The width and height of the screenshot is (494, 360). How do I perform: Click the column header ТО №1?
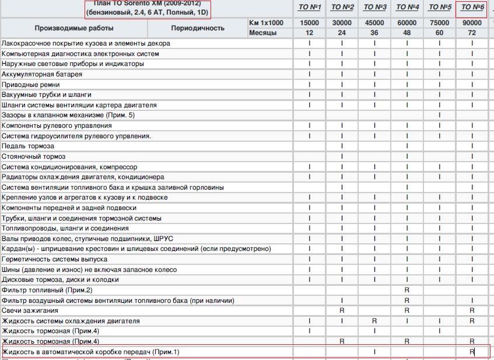click(x=310, y=7)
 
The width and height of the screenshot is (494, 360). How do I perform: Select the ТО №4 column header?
click(x=407, y=7)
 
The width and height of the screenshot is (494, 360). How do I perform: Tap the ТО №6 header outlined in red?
click(x=473, y=7)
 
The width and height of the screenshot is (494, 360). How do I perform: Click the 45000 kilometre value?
click(x=375, y=23)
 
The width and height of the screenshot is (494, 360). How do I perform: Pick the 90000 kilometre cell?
click(x=472, y=23)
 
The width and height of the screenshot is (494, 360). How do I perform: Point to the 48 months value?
click(x=407, y=33)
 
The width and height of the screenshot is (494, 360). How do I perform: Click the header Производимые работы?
click(x=74, y=28)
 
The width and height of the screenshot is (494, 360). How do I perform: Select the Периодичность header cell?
click(x=198, y=28)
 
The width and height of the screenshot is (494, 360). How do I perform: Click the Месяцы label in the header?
click(x=262, y=33)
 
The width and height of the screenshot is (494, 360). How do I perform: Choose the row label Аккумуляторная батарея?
click(x=42, y=75)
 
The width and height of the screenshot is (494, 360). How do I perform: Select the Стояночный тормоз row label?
click(x=34, y=157)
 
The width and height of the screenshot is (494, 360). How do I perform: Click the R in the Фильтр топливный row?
click(x=407, y=290)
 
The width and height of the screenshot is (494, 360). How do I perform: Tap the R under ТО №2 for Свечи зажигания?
click(x=342, y=311)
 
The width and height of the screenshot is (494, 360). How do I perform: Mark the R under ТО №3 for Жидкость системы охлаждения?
click(x=375, y=321)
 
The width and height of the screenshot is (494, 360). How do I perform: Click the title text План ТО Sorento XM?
click(x=147, y=3)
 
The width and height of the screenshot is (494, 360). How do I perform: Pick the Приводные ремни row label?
click(x=30, y=85)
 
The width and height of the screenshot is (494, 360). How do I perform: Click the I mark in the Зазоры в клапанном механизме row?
click(x=440, y=116)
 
